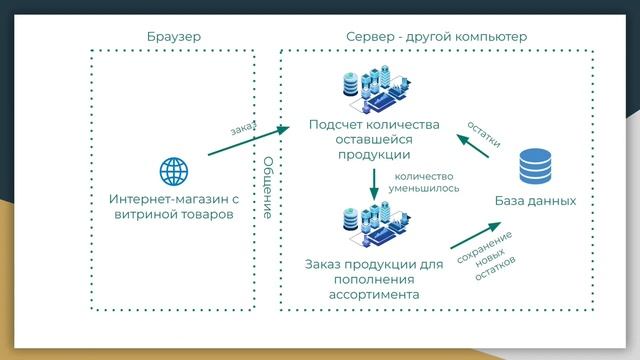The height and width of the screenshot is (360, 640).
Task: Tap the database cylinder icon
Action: (535, 165)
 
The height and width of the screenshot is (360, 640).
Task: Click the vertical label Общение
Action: (267, 188)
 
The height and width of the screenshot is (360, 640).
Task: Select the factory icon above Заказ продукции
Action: (374, 228)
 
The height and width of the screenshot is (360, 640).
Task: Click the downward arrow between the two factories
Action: (374, 184)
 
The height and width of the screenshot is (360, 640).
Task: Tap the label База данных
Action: (535, 201)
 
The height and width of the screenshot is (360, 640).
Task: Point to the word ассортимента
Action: (374, 295)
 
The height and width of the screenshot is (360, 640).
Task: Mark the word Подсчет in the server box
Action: (334, 125)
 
